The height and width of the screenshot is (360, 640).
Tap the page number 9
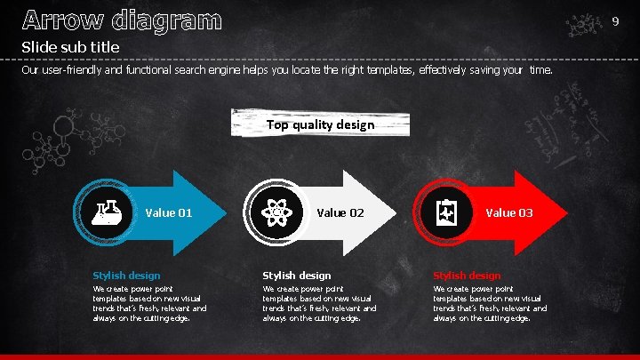click(x=613, y=20)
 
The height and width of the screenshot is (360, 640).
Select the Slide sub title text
click(x=70, y=46)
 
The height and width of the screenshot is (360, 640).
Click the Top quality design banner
click(x=320, y=124)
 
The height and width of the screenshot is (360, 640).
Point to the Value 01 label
click(x=169, y=212)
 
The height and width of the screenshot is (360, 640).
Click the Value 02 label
click(x=340, y=212)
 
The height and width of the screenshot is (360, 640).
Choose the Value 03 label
click(x=509, y=212)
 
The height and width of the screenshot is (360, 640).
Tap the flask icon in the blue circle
click(x=105, y=212)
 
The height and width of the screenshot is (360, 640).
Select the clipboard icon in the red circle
click(x=445, y=212)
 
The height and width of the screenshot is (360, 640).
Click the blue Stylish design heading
click(x=126, y=276)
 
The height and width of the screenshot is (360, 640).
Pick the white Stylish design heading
click(x=297, y=276)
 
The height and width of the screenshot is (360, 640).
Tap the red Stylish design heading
click(x=467, y=276)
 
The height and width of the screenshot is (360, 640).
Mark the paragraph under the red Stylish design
click(x=489, y=303)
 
